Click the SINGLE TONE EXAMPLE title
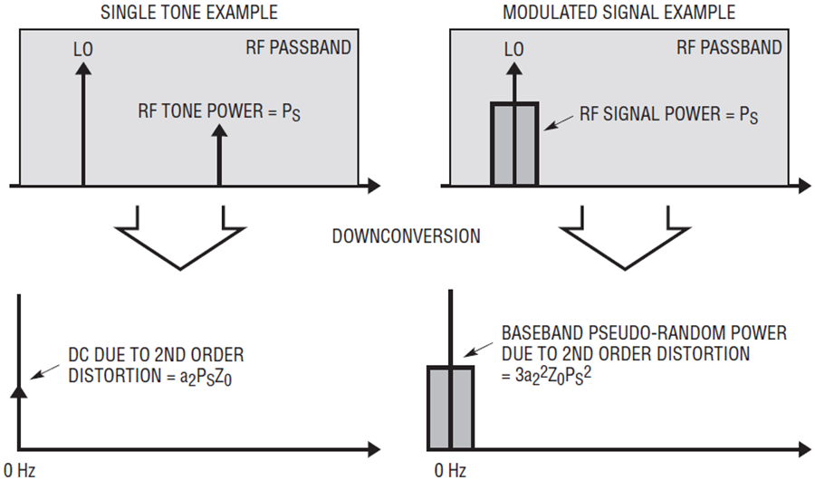tap(189, 12)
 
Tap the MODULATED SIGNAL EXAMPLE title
tap(619, 12)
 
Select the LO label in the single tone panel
tap(83, 50)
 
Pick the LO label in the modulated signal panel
tap(514, 50)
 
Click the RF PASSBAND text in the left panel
tap(298, 47)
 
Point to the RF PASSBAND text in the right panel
tap(729, 47)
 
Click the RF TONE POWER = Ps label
tap(219, 111)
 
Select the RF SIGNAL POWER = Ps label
tap(669, 114)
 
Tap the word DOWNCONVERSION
tap(407, 236)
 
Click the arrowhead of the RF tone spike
tap(219, 130)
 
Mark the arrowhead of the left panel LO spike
tap(82, 68)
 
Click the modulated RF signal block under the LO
tap(514, 144)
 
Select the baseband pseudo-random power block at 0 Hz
tap(451, 408)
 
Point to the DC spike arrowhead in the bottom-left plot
tap(19, 391)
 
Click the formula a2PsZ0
tap(206, 377)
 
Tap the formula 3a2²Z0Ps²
tap(553, 376)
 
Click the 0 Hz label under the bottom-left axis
tap(19, 471)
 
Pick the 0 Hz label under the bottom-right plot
tap(450, 471)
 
